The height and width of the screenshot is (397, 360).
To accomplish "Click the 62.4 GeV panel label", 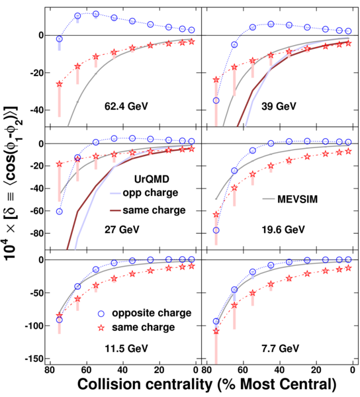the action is click(x=126, y=106).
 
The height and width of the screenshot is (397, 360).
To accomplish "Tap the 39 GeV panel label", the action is click(x=279, y=106).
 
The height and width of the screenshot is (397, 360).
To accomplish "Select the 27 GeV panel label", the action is click(x=122, y=230).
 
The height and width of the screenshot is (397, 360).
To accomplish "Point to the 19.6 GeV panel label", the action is click(x=283, y=230).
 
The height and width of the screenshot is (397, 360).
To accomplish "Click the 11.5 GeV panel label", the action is click(x=126, y=349).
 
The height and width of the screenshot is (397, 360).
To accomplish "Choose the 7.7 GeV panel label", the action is click(x=280, y=349).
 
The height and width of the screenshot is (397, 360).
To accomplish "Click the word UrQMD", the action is click(x=152, y=179).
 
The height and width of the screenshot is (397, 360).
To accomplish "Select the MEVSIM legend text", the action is click(x=298, y=199).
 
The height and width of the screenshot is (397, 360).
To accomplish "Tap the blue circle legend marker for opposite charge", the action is click(x=101, y=314).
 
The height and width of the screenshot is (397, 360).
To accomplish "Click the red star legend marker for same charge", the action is click(x=101, y=328).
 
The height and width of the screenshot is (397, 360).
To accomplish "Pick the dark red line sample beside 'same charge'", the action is click(x=115, y=210).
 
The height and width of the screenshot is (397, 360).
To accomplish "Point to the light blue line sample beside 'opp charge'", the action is click(x=115, y=193).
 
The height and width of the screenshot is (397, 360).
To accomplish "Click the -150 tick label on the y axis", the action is click(x=34, y=359).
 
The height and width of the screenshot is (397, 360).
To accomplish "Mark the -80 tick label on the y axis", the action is click(x=37, y=233).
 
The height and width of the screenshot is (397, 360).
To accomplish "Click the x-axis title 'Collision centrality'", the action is click(x=145, y=384).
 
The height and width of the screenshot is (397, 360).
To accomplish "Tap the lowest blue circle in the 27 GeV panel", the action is click(x=60, y=212).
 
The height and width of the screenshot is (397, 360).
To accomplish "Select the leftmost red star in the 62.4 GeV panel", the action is click(x=60, y=84).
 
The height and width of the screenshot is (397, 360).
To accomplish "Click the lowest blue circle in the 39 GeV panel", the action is click(x=216, y=101).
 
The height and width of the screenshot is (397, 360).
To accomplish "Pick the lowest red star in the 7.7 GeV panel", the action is click(x=216, y=331).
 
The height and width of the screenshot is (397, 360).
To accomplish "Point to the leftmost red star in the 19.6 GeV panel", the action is click(x=216, y=214).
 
